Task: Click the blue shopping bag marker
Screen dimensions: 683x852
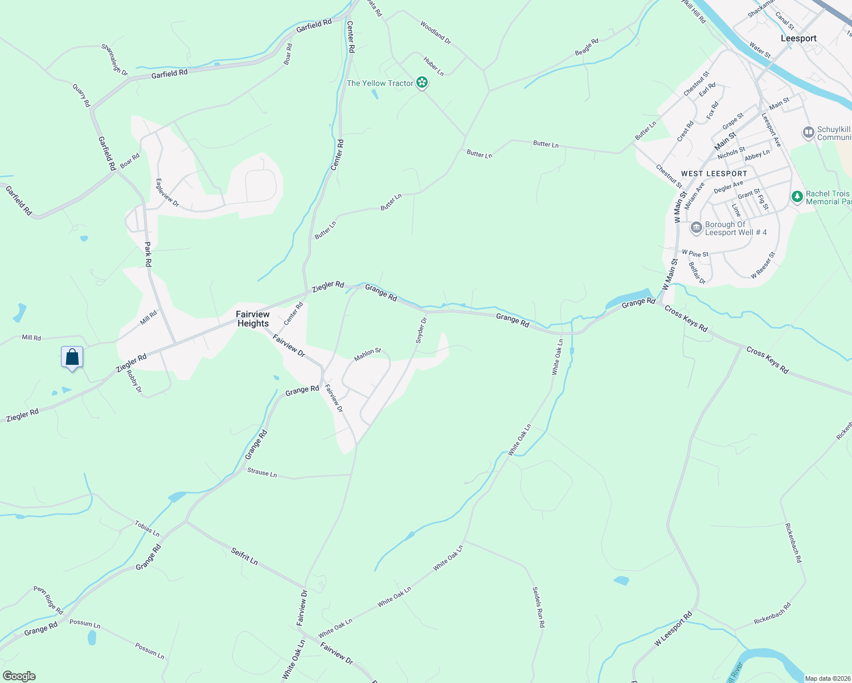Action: coord(72,357)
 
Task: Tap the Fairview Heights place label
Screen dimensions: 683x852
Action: coord(253,319)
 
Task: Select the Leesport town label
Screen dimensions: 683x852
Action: coord(798,38)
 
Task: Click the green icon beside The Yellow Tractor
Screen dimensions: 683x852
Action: coord(422,83)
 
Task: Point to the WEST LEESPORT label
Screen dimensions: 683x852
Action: coord(714,174)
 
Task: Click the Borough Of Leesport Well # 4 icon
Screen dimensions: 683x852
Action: coord(696,228)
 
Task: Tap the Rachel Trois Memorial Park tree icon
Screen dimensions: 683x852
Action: coord(797,197)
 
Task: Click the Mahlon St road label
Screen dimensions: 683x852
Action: coord(367,355)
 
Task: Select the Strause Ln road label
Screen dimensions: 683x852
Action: coord(262,472)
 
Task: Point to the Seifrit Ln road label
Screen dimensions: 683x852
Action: coord(244,556)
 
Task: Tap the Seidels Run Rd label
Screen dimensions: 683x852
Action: coord(538,607)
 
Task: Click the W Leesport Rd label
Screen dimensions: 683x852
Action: coord(673,629)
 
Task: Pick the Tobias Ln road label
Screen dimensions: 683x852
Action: coord(147,529)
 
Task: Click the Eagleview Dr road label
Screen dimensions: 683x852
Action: coord(167,193)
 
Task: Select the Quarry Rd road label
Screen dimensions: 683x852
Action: coord(81,95)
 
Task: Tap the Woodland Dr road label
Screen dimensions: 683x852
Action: coord(436,33)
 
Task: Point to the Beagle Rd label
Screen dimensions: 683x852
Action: coord(587,47)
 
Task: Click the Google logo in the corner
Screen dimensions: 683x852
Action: coord(19,676)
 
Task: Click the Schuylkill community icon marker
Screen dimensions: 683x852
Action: coord(808,133)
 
